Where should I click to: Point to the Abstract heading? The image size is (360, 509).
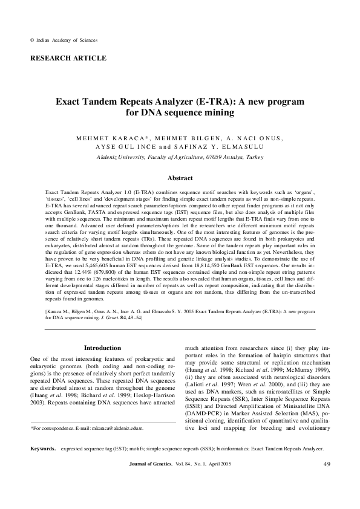coord(180,178)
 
